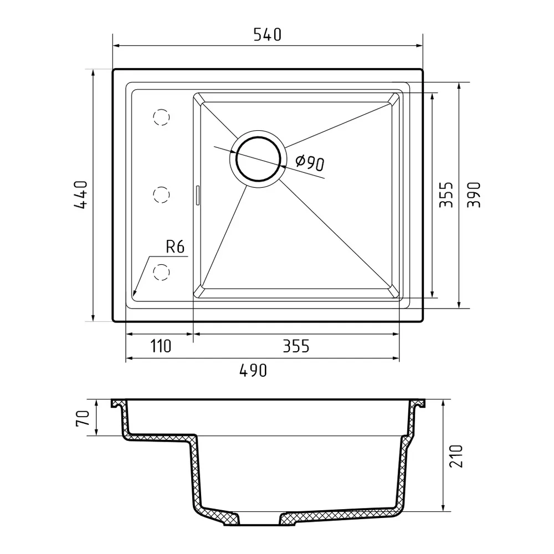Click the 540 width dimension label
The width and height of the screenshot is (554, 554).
pos(268,34)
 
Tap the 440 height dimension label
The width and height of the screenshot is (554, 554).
pos(81,194)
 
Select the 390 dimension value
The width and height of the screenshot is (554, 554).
pos(474,194)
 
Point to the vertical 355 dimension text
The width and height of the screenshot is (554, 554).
pos(446,194)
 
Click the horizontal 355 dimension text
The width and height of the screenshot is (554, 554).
pos(296,346)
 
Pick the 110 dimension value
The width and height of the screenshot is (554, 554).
pos(161,346)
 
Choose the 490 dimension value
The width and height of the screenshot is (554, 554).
pos(253,370)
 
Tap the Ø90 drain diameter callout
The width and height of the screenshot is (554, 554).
pos(310,162)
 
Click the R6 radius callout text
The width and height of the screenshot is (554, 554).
pos(175,247)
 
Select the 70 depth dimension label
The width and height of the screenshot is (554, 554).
pos(82,418)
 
